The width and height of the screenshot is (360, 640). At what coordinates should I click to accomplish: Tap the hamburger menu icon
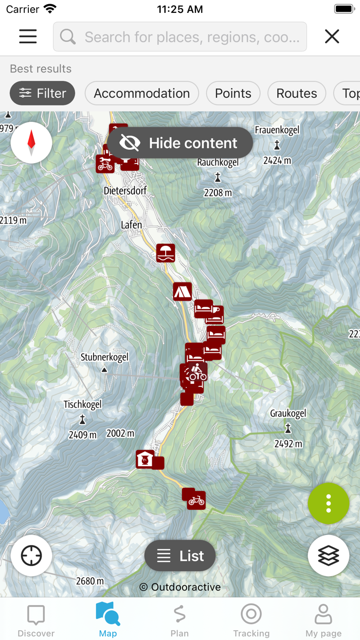28,37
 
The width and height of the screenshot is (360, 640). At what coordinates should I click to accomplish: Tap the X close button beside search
332,37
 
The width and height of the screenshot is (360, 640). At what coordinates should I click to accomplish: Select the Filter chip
43,93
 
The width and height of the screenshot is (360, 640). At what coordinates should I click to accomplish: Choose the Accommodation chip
141,93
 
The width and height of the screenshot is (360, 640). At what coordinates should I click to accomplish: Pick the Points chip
233,93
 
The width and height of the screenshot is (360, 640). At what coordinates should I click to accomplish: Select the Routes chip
297,93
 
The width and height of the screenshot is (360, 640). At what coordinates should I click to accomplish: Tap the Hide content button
180,143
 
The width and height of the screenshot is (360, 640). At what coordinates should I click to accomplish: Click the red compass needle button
31,143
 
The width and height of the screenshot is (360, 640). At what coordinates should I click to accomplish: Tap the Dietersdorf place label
125,191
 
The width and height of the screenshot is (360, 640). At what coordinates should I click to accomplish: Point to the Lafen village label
131,225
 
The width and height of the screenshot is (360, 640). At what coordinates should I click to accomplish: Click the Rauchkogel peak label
218,163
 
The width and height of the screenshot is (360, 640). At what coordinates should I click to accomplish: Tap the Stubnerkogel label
104,357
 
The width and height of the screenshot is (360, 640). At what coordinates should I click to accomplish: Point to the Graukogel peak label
288,413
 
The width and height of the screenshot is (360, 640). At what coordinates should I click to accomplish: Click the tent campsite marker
182,292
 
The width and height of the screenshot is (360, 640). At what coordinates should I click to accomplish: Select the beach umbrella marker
166,253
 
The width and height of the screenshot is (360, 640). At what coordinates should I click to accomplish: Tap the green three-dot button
329,504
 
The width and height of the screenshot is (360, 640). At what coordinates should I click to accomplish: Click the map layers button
329,556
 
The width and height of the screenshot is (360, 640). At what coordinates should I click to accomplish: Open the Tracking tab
251,620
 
